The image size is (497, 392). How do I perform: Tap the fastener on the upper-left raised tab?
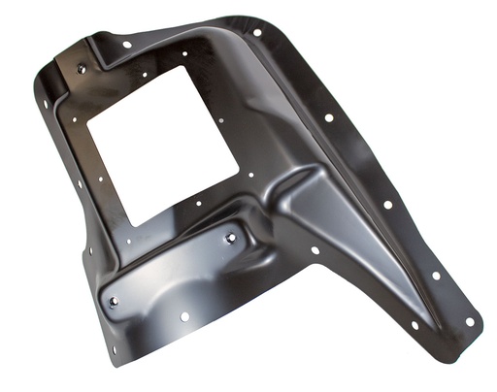click(x=81, y=69)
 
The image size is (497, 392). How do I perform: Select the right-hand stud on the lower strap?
click(x=231, y=238)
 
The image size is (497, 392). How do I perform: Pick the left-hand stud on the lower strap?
click(x=115, y=303)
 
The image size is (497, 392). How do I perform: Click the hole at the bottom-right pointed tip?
click(x=470, y=320)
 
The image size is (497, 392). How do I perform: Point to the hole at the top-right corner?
click(x=257, y=32)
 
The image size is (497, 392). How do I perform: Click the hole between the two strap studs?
click(x=184, y=315)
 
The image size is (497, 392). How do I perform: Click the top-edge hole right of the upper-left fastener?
click(x=126, y=44)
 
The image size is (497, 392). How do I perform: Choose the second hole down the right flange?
click(x=329, y=117)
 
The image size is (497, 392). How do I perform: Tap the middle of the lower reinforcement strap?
click(x=175, y=272)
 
